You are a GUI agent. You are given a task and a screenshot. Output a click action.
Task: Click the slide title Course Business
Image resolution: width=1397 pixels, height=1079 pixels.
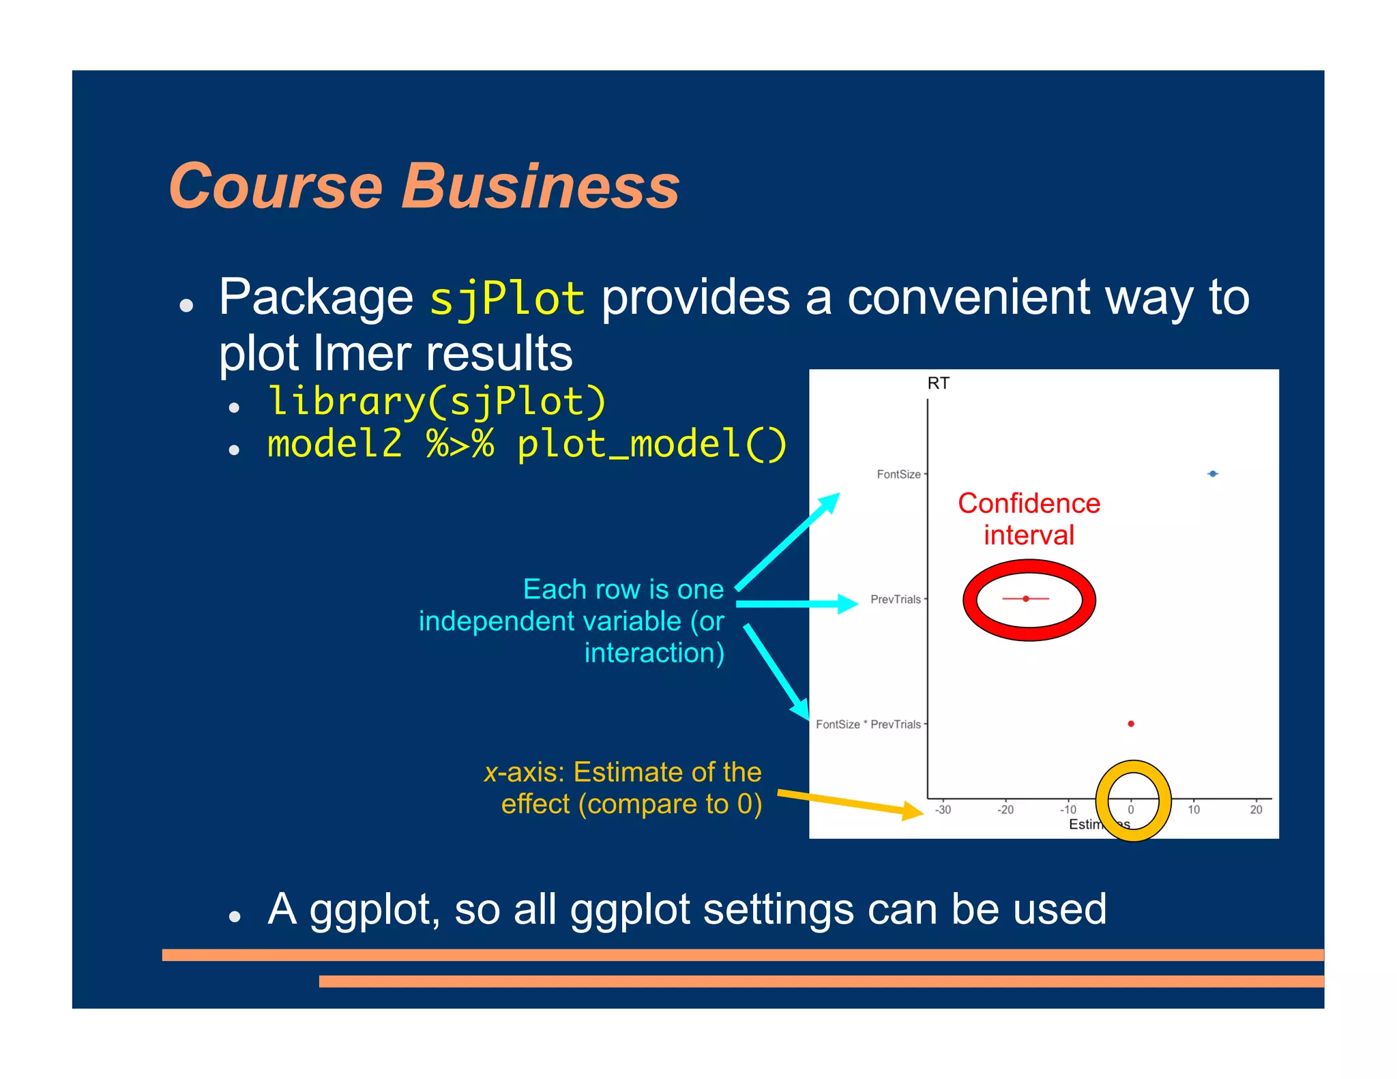424,186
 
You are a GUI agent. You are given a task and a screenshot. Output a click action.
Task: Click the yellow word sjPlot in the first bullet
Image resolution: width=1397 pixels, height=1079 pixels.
507,299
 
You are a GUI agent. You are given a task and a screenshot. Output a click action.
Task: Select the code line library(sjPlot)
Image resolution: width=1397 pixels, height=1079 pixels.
437,402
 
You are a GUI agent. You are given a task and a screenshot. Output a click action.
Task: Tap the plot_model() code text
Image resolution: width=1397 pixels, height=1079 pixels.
651,444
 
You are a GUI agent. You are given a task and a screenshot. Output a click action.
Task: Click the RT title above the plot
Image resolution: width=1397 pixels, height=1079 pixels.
938,383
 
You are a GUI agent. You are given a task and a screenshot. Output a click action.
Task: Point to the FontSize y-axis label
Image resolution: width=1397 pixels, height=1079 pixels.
898,474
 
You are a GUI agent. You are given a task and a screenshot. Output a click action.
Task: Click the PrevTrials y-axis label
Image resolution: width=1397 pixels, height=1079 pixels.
895,600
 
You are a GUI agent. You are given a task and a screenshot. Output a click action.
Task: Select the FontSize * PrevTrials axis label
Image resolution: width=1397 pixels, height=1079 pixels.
868,724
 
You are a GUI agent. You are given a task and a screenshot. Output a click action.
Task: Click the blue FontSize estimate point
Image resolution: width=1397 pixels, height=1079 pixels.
1213,473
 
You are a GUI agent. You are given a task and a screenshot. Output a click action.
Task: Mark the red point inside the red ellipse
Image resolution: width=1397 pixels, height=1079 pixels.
1026,599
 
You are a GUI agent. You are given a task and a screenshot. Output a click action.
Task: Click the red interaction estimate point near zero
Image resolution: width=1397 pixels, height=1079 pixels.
1131,724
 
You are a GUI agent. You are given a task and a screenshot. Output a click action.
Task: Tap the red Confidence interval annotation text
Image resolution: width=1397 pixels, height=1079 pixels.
1029,519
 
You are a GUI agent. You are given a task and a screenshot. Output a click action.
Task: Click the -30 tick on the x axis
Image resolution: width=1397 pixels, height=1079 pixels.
943,810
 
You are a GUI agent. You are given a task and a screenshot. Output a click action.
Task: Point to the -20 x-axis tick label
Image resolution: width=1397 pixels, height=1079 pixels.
1005,810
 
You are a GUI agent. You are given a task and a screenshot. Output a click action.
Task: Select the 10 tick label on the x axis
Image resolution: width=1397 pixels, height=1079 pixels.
1194,810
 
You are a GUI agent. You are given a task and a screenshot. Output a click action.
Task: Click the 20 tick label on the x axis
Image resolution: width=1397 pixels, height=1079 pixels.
1256,810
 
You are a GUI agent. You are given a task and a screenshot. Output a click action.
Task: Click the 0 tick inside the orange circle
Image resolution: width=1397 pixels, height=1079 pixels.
1131,810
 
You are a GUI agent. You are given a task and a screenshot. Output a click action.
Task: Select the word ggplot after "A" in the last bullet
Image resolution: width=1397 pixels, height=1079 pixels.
374,910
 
